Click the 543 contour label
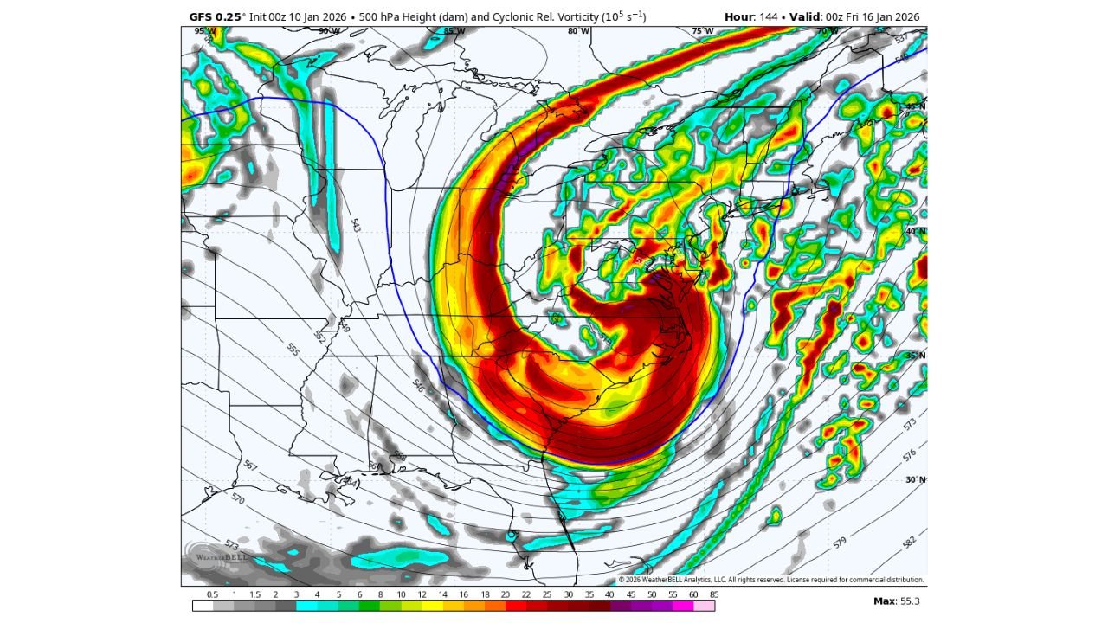[x=355, y=225]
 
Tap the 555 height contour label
[x=293, y=349]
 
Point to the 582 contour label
[x=909, y=543]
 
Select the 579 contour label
[x=840, y=543]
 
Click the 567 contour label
[x=250, y=466]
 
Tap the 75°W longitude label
[x=703, y=31]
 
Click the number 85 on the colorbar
[x=712, y=594]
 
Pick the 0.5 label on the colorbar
[x=212, y=594]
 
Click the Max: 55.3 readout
[x=897, y=601]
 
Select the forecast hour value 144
[x=769, y=17]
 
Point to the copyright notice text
[x=770, y=580]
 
